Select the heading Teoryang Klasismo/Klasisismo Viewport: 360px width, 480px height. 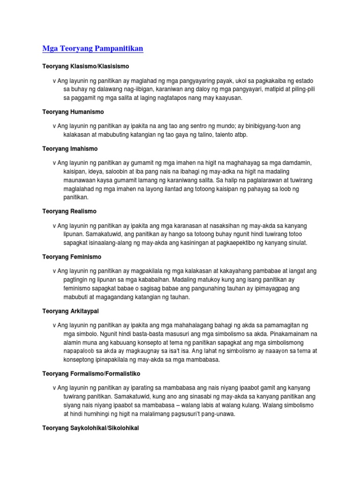click(x=86, y=67)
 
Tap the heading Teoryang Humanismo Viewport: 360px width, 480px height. click(x=73, y=112)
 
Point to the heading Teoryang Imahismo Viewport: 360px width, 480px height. click(x=70, y=149)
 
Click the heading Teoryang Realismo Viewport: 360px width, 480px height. click(x=69, y=211)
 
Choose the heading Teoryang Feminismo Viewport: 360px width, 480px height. click(x=72, y=257)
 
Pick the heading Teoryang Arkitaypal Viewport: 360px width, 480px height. click(x=71, y=311)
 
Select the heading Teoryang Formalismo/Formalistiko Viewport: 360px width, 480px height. click(x=91, y=374)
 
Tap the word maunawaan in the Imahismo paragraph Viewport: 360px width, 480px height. click(x=82, y=180)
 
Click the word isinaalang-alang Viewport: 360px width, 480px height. click(x=117, y=243)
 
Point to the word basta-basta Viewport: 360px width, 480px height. click(x=130, y=334)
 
